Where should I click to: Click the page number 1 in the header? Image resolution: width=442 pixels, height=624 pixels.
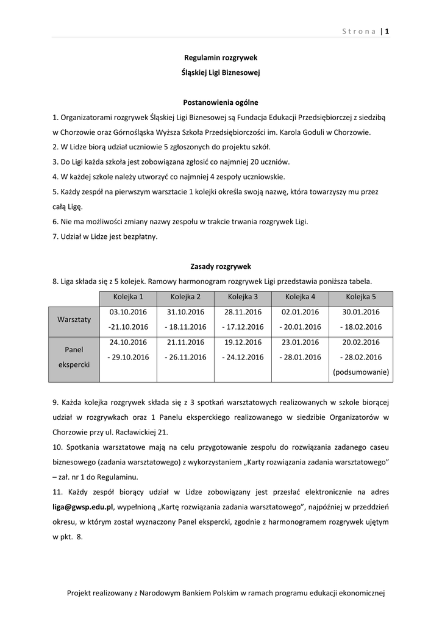coord(387,32)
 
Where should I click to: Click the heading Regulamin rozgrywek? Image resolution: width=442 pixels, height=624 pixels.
coord(221,57)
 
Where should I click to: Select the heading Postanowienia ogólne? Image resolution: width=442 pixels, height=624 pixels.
coord(221,102)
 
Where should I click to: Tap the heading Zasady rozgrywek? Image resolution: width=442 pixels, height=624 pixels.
coord(221,266)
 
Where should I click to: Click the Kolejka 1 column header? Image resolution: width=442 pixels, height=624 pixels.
coord(128,297)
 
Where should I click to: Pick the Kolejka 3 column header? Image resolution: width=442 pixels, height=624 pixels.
coord(243,297)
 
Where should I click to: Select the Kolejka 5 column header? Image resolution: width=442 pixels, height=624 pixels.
coord(361,297)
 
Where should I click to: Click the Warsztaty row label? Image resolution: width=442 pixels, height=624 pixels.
coord(74,319)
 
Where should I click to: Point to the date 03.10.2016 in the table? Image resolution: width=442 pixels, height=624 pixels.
coord(128,312)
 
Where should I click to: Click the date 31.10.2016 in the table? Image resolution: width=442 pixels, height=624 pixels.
coord(185,312)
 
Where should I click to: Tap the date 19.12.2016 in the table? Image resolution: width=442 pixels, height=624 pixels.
coord(243,342)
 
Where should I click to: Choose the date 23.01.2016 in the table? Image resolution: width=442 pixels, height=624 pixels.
coord(300,342)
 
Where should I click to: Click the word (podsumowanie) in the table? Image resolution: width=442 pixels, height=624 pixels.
coord(361,371)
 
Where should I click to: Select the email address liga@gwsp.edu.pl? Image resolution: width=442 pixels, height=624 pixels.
coord(83,506)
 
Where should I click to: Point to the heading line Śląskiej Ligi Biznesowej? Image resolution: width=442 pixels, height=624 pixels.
coord(221,73)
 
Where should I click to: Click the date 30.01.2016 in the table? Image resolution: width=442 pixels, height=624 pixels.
coord(361,312)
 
